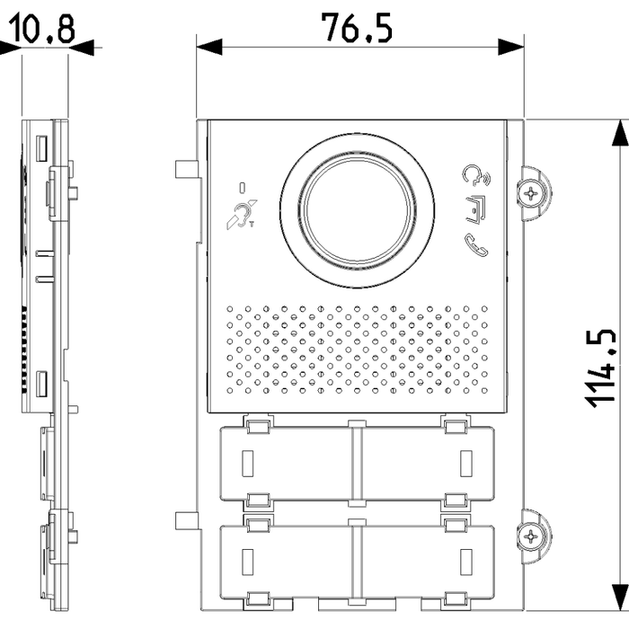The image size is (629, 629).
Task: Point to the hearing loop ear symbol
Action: point(242,215)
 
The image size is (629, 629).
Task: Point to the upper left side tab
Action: point(186,169)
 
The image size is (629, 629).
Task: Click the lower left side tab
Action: point(186,520)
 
